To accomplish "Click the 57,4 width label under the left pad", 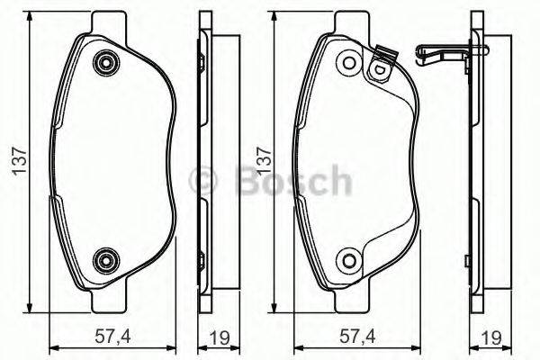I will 111,338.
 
